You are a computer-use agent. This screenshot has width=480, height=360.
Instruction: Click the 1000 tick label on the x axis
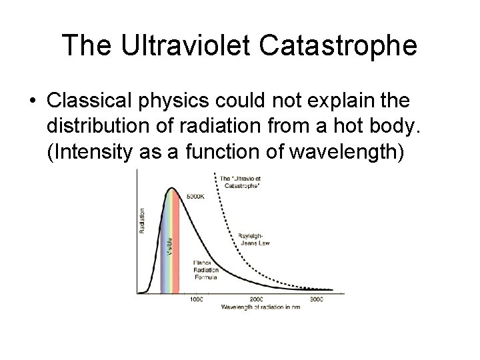[x=197, y=300]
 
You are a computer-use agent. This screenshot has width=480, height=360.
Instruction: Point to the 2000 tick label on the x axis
[x=258, y=300]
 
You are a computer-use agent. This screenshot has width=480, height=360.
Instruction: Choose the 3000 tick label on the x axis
[x=317, y=300]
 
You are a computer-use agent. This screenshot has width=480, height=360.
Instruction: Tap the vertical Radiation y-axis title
[x=142, y=220]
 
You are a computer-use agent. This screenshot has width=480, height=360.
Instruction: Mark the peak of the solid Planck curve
[x=172, y=188]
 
